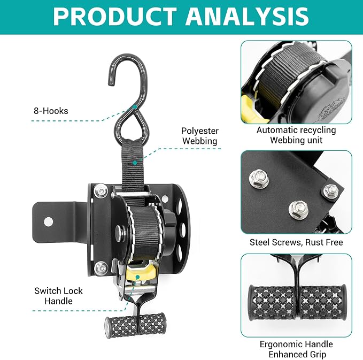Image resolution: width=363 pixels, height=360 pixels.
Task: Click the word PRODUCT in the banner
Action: click(x=115, y=16)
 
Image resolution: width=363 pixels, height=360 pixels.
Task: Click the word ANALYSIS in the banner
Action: click(x=247, y=16)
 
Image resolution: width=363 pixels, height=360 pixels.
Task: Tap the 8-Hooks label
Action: click(x=51, y=111)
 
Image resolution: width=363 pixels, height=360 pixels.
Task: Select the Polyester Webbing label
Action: click(x=200, y=136)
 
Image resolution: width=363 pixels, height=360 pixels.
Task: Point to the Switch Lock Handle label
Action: click(x=58, y=296)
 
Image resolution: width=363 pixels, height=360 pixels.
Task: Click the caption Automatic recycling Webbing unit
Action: click(x=296, y=135)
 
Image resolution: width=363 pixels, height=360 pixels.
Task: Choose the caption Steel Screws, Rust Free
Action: click(x=296, y=242)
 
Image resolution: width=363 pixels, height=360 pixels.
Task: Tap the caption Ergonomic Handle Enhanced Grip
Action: click(x=296, y=349)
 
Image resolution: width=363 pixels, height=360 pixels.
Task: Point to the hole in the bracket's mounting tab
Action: click(x=48, y=221)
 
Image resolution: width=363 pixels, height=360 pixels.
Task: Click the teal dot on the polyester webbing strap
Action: click(x=135, y=163)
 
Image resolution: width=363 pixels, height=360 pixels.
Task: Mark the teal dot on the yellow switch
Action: click(x=137, y=277)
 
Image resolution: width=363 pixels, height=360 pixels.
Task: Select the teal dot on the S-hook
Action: click(x=135, y=107)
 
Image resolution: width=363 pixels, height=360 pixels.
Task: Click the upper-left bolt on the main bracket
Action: click(x=101, y=191)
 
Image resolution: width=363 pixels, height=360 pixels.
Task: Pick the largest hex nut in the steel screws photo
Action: click(x=259, y=180)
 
